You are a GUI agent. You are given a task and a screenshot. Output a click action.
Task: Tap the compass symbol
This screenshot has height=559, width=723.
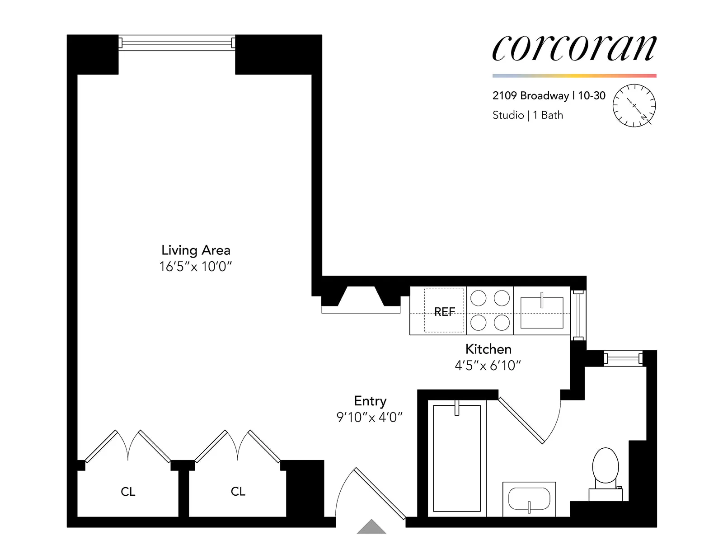[634, 105]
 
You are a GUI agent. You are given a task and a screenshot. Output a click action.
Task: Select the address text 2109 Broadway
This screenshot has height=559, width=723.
[531, 96]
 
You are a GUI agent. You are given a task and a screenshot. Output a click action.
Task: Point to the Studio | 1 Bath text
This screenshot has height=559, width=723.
[527, 115]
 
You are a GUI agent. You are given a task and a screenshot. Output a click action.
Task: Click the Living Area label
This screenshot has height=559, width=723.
[196, 250]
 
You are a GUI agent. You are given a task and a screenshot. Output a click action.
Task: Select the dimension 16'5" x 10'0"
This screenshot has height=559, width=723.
[195, 267]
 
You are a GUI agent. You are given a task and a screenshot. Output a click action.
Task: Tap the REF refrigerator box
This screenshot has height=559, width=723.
[444, 311]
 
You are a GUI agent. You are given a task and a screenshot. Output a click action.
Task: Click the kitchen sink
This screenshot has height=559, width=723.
[542, 312]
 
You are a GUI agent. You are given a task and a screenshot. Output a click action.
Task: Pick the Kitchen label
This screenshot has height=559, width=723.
[488, 349]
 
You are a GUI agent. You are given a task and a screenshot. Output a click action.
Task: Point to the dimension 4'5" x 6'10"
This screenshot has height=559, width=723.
[488, 365]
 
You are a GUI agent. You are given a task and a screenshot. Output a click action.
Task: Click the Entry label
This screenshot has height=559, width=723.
[370, 401]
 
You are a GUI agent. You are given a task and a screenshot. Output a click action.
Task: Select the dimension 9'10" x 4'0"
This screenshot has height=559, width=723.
[369, 417]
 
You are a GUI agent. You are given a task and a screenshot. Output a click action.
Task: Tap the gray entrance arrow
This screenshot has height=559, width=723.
[371, 527]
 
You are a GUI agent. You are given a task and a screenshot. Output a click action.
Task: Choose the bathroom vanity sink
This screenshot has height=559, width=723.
[529, 499]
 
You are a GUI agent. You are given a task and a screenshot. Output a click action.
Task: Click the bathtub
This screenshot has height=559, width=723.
[456, 458]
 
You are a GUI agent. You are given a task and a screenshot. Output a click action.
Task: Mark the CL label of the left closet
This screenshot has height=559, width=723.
[128, 492]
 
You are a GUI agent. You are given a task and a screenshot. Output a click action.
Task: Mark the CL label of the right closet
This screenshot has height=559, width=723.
[238, 491]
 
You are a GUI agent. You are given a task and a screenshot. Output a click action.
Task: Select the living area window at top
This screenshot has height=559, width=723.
[177, 43]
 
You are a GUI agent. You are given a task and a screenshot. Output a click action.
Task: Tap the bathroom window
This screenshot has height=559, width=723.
[624, 359]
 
